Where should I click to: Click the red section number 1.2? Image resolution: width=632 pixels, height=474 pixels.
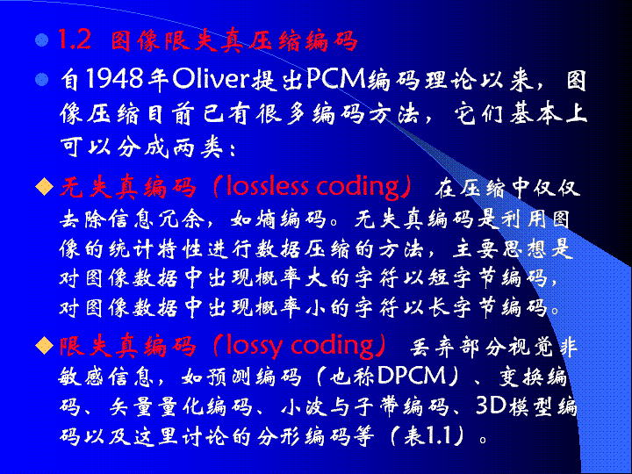pyautogui.click(x=75, y=39)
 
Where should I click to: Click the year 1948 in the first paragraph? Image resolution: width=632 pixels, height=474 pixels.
pyautogui.click(x=114, y=79)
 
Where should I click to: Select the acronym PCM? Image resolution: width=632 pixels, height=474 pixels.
pyautogui.click(x=335, y=79)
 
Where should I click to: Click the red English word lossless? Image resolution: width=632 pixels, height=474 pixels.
pyautogui.click(x=267, y=187)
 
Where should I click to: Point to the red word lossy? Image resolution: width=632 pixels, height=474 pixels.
pyautogui.click(x=254, y=347)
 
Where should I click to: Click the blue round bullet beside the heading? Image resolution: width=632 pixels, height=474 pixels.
pyautogui.click(x=41, y=39)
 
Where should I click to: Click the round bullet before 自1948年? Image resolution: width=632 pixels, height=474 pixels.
pyautogui.click(x=41, y=79)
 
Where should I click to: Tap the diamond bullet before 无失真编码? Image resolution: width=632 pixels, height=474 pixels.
pyautogui.click(x=45, y=187)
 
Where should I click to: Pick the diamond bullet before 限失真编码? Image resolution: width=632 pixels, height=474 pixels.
pyautogui.click(x=45, y=346)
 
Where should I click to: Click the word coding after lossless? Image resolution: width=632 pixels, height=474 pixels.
pyautogui.click(x=359, y=188)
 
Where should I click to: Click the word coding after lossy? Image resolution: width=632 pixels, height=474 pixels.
pyautogui.click(x=333, y=347)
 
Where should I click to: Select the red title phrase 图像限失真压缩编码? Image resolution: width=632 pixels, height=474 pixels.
pyautogui.click(x=233, y=40)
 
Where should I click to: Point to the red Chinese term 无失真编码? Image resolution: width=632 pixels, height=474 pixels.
pyautogui.click(x=128, y=188)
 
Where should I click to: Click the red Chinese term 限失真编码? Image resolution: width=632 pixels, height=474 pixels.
pyautogui.click(x=128, y=347)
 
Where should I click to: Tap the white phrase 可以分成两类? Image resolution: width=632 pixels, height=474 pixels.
pyautogui.click(x=142, y=147)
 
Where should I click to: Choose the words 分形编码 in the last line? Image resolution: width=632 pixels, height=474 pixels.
pyautogui.click(x=304, y=435)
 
